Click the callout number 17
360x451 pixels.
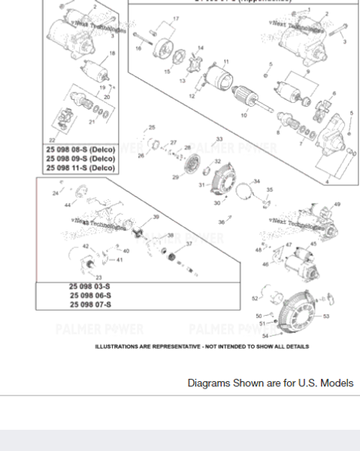pos(176,18)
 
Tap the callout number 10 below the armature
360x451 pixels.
pos(243,117)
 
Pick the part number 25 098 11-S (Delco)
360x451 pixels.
pos(80,168)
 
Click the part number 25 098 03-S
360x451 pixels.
pos(90,287)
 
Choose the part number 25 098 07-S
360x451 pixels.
pos(90,304)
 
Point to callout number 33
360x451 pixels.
pos(219,139)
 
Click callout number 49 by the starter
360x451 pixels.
pos(337,204)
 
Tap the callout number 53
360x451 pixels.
pos(326,316)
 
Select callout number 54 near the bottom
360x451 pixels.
pos(265,335)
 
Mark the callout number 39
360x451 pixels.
pos(156,216)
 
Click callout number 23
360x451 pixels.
pos(98,278)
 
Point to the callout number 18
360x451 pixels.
pos(112,53)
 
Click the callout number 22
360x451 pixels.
pos(52,140)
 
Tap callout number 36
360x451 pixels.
pos(222,222)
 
